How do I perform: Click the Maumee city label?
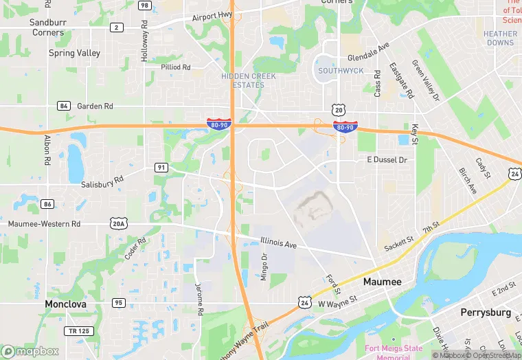382,282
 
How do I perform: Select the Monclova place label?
67,304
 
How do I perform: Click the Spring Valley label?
74,53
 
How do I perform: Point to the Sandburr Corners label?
47,27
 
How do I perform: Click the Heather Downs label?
499,38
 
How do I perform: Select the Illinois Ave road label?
278,243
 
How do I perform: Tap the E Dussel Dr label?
387,160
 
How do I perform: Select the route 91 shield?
161,167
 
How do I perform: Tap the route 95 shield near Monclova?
119,303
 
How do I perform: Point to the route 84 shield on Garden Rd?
64,106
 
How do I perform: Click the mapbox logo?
30,351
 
